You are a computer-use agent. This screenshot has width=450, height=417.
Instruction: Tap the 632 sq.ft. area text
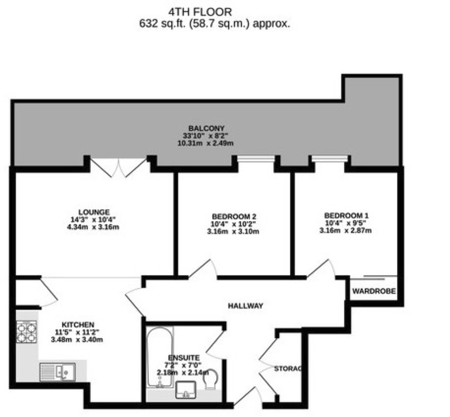(215, 24)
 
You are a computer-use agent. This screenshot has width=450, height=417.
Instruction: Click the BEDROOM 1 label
(346, 215)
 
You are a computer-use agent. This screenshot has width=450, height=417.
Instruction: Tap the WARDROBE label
(374, 291)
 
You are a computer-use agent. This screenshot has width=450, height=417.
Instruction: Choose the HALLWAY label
(246, 306)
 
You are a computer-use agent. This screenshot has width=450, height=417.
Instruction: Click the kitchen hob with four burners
(27, 332)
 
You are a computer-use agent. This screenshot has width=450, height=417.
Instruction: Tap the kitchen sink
(57, 372)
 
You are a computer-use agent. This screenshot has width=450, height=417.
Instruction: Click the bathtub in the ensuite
(160, 357)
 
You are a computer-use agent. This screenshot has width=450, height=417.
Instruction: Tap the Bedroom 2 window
(255, 159)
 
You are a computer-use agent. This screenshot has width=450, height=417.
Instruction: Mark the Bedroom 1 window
(330, 159)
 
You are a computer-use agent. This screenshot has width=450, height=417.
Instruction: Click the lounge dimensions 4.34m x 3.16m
(93, 227)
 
